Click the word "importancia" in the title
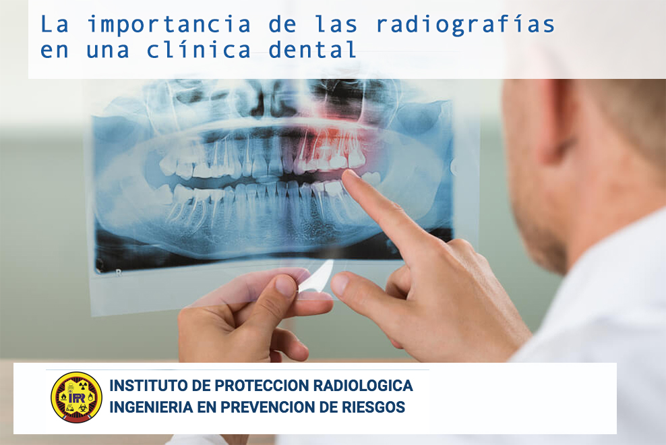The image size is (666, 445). (169, 26)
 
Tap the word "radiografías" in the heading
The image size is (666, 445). (466, 26)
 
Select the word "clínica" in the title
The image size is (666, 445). (198, 50)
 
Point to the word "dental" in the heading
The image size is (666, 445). (312, 50)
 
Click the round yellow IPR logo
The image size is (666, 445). (76, 397)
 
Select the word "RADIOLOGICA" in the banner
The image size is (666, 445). (363, 386)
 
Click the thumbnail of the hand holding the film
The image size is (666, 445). (285, 285)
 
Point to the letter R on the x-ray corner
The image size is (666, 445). (119, 273)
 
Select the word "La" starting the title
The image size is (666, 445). (54, 25)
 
